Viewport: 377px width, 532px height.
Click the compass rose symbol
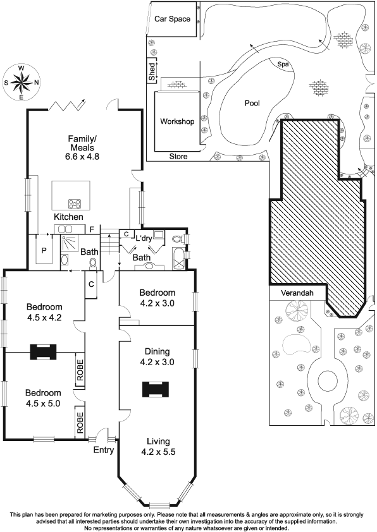point(21,82)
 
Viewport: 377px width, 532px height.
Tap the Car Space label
point(172,19)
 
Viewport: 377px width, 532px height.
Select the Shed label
point(152,72)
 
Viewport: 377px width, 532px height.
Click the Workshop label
point(177,121)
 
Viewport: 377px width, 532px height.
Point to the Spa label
point(283,64)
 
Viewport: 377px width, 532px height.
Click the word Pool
point(252,103)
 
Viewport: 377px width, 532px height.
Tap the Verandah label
point(297,293)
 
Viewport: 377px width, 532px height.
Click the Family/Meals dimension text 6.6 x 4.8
point(82,157)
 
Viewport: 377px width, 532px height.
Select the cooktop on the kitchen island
point(75,203)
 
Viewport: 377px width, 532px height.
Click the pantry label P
point(44,251)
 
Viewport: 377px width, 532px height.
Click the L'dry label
point(144,238)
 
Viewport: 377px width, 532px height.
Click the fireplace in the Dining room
point(156,389)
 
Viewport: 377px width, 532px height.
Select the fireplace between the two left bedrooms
point(43,352)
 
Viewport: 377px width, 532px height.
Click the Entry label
point(104,450)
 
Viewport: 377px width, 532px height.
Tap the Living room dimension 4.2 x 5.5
point(158,452)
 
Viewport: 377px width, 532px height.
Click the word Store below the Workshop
point(178,157)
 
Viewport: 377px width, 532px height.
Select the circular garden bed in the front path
point(328,378)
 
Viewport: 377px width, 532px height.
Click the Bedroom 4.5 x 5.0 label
point(43,398)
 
